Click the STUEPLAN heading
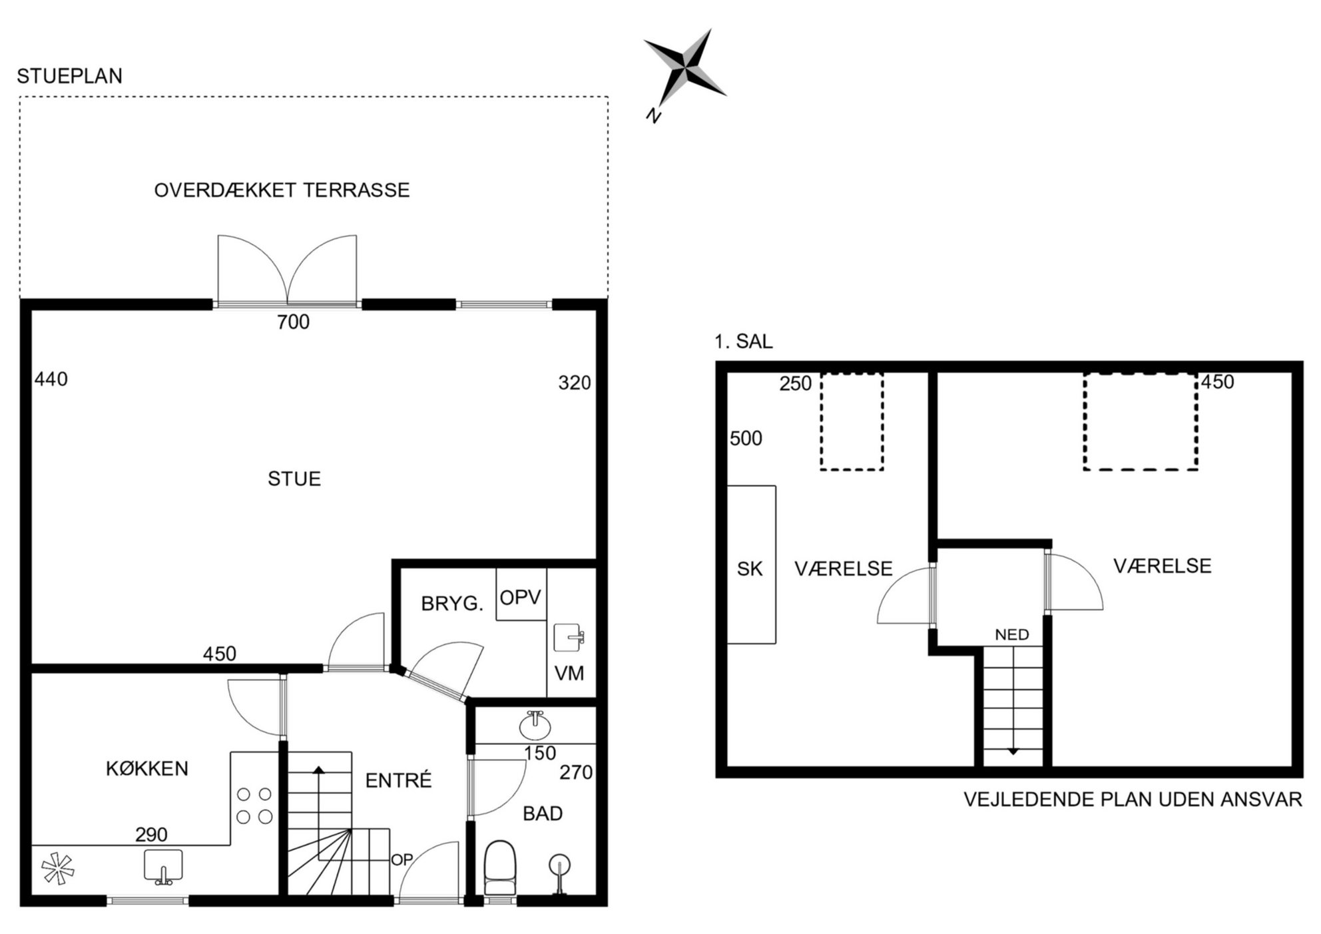[x=70, y=77]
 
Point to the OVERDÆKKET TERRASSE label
[x=282, y=190]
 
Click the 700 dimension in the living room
[x=294, y=322]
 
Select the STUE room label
[x=294, y=479]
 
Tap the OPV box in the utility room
[x=521, y=594]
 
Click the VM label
[x=569, y=674]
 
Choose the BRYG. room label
[x=452, y=604]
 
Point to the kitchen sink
[x=163, y=867]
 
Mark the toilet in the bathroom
[x=499, y=867]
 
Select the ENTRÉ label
[x=399, y=780]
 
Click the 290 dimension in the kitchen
[x=151, y=835]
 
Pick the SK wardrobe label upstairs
[x=750, y=569]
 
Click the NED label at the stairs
[x=1012, y=635]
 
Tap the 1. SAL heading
[x=744, y=342]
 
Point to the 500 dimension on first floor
[x=746, y=439]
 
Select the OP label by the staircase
[x=402, y=860]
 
